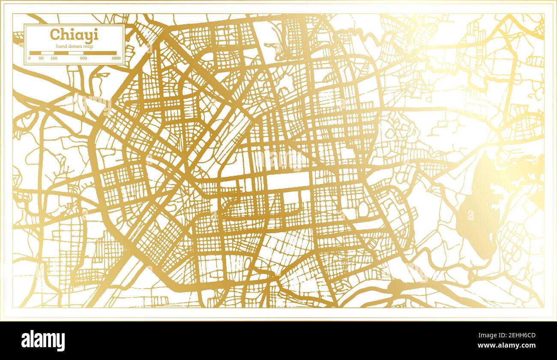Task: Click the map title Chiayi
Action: tap(68, 34)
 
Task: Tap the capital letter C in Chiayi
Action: tap(54, 34)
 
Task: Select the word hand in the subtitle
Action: tap(61, 46)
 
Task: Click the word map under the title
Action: tap(89, 46)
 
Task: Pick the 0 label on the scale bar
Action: tap(30, 58)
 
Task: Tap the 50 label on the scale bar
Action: tap(41, 58)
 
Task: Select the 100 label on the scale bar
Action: tap(54, 58)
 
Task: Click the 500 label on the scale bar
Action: tap(83, 58)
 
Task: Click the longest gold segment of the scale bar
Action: tap(99, 53)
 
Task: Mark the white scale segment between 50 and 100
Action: tap(47, 53)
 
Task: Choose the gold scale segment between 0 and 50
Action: tap(35, 53)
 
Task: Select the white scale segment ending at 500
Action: tap(76, 53)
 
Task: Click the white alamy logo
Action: tap(43, 341)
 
